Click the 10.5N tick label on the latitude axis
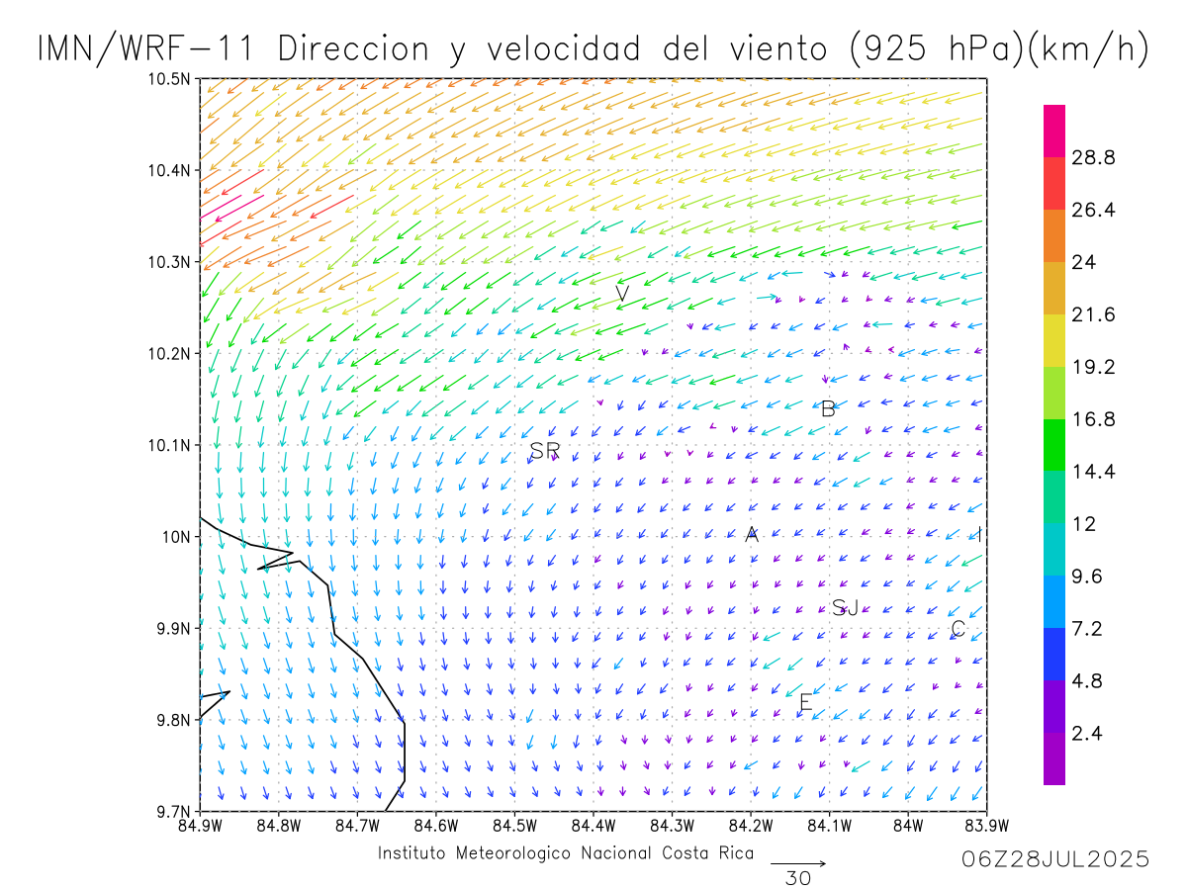pos(168,79)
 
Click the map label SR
pos(545,451)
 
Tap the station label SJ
pos(845,607)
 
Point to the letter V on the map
pos(622,294)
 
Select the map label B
pos(828,409)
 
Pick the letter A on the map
pos(752,535)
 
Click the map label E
pos(805,703)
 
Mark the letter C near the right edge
pos(958,629)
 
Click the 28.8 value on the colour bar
pos(1094,158)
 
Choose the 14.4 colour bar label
pos(1094,472)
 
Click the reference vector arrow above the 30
pos(798,863)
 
